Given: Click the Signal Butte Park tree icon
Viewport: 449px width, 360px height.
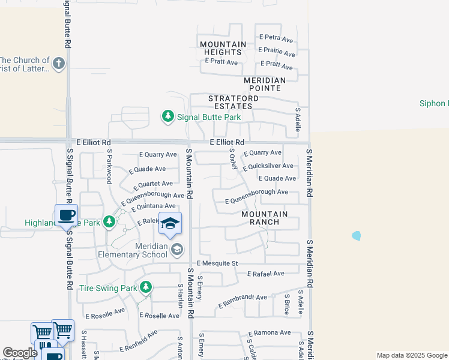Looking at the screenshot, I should tap(169, 116).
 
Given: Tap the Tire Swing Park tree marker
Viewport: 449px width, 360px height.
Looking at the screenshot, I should tap(145, 288).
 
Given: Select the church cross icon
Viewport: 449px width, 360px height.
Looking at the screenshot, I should tap(58, 64).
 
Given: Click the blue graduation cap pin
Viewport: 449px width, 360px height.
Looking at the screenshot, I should tap(170, 224).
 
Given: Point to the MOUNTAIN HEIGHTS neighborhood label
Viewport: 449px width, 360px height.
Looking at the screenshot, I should tap(223, 49).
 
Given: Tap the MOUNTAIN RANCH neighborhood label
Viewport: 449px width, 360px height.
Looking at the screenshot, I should tap(264, 218).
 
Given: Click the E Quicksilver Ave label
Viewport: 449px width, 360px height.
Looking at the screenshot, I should tap(268, 166).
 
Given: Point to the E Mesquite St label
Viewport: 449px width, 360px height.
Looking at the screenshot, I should tap(217, 263).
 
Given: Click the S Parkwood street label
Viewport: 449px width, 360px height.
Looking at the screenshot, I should tap(110, 169).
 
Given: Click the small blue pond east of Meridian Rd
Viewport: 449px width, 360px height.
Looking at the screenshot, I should tap(357, 236).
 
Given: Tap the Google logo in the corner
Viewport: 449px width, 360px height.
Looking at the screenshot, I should tap(20, 353).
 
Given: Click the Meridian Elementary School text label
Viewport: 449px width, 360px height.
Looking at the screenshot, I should tap(133, 250).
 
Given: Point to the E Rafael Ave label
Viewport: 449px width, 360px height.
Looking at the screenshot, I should tap(265, 274).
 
